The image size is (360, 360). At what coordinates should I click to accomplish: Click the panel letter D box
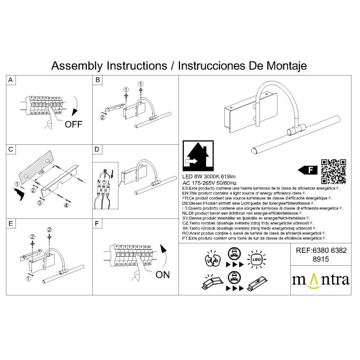[x=97, y=150]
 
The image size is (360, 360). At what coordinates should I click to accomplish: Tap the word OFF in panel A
[x=73, y=125]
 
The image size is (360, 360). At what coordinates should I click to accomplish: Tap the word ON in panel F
[x=163, y=275]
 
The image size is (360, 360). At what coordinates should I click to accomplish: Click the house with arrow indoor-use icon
[x=195, y=155]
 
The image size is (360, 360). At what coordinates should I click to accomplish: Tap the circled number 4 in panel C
[x=67, y=205]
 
